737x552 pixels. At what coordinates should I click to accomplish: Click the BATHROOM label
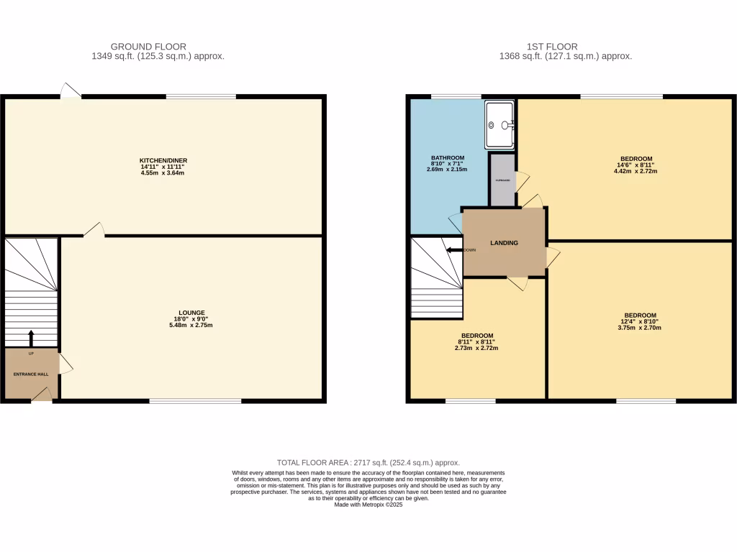[x=448, y=158]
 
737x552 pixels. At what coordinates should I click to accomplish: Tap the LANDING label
[x=504, y=243]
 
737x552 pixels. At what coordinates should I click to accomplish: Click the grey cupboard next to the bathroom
[x=502, y=180]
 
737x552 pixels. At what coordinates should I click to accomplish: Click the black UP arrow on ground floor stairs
[x=31, y=338]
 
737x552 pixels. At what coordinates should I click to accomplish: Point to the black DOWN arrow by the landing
[x=453, y=250]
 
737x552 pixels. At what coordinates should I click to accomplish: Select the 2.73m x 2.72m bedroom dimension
[x=476, y=348]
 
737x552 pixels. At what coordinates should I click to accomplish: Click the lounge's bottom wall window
[x=195, y=400]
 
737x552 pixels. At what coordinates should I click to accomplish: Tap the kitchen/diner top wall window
[x=201, y=96]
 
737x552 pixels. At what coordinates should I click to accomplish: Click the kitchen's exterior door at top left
[x=71, y=92]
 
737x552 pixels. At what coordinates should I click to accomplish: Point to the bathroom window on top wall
[x=456, y=96]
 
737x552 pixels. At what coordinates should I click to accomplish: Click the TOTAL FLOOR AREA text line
[x=368, y=463]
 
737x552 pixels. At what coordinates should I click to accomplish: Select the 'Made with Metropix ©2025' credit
[x=368, y=505]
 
